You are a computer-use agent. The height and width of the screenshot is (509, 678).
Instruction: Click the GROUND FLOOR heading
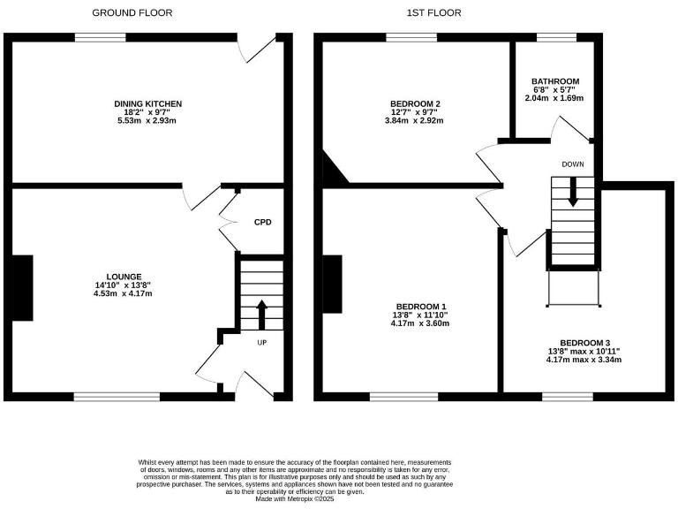tap(132, 13)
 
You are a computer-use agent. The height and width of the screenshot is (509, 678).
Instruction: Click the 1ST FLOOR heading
tap(433, 13)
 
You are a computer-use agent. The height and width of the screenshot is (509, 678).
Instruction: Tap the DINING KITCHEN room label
tap(148, 104)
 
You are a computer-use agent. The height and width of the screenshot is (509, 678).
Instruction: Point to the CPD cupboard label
tap(262, 222)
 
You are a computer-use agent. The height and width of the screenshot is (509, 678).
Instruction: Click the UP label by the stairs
tap(262, 343)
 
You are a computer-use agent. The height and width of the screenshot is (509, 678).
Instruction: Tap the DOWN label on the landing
tap(573, 164)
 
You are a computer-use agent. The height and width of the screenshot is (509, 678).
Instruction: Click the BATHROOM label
tap(555, 81)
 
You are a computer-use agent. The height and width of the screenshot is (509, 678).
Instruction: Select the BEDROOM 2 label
tap(415, 104)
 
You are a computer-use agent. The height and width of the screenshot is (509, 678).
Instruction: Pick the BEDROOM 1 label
tap(421, 306)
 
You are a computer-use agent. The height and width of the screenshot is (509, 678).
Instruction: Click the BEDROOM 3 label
tap(584, 343)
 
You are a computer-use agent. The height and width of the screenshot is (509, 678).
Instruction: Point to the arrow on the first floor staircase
tap(573, 192)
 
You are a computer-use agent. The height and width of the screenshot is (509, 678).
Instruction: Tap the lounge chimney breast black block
tap(22, 288)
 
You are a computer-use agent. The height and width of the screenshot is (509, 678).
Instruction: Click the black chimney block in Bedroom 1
tap(333, 285)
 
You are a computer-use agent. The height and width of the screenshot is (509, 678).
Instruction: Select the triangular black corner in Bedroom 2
tap(332, 171)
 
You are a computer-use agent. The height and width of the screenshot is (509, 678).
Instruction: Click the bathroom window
tap(557, 38)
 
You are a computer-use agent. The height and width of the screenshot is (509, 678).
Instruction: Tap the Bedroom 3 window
tap(568, 397)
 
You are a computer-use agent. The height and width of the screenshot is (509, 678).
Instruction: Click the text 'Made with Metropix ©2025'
tap(295, 499)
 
